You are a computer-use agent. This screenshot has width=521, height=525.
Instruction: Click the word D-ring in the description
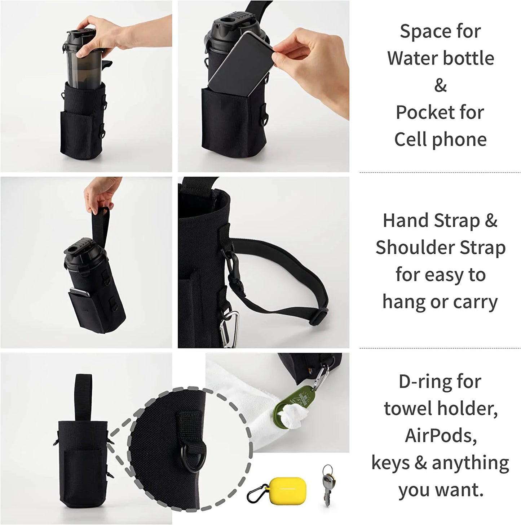pyautogui.click(x=419, y=382)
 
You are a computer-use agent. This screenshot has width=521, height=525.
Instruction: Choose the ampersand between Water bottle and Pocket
pyautogui.click(x=440, y=86)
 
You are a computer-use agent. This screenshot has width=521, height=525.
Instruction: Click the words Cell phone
pyautogui.click(x=440, y=139)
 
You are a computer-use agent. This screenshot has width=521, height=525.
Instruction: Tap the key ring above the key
pyautogui.click(x=326, y=470)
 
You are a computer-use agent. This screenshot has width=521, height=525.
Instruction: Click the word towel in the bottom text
pyautogui.click(x=408, y=409)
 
